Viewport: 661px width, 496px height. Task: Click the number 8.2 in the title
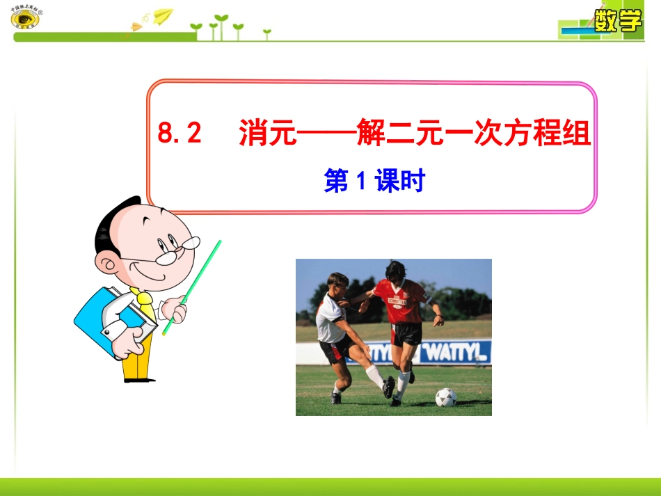(x=180, y=134)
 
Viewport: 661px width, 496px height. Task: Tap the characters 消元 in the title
(x=267, y=134)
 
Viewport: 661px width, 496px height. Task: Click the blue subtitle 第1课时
(x=374, y=182)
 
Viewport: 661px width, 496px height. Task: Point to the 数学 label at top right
(x=617, y=21)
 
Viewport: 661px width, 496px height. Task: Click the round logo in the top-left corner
(x=26, y=18)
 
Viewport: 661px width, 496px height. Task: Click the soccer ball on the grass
(x=445, y=397)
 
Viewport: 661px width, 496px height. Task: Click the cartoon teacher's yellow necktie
(x=146, y=306)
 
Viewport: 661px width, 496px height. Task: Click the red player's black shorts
(x=406, y=335)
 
